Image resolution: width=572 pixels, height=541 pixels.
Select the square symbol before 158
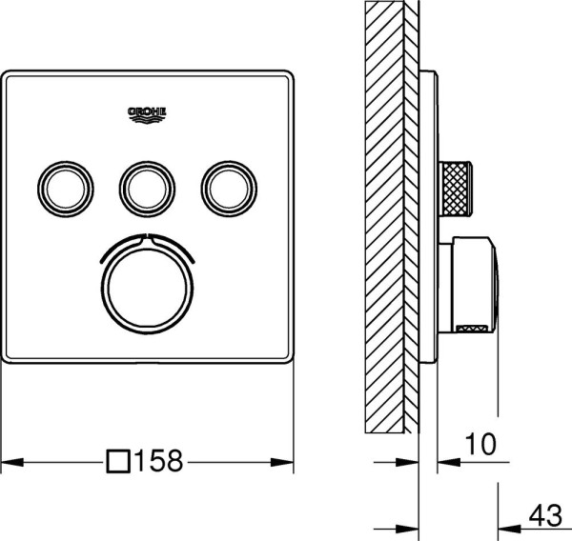(117, 463)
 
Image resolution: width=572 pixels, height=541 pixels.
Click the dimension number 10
(481, 443)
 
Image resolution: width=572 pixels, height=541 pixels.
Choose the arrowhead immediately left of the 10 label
(445, 464)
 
